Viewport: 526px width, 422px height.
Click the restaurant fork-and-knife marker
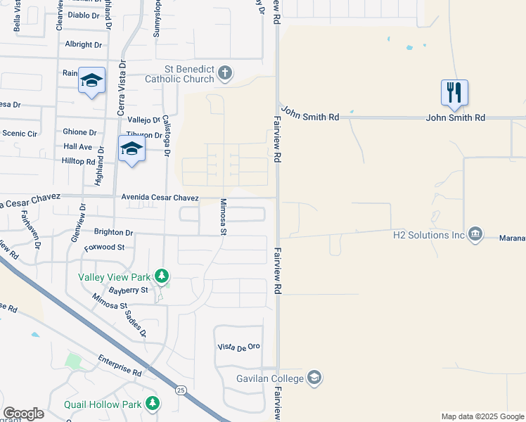(454, 92)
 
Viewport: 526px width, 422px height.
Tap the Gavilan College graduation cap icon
(314, 378)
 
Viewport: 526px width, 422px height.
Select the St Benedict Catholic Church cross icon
(225, 72)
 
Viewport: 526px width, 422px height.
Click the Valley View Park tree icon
(162, 275)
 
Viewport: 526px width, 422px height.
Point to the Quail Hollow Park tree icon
(153, 404)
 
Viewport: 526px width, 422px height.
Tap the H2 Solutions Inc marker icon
(475, 234)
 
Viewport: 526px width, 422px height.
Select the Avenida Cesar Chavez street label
(160, 198)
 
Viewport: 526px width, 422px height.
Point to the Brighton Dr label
(113, 232)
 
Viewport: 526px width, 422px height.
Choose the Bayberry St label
(129, 290)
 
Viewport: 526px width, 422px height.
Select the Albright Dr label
(83, 44)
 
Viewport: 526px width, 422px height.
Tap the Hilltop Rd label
(79, 161)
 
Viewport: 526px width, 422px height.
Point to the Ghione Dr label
(79, 132)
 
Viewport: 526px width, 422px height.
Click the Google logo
(23, 414)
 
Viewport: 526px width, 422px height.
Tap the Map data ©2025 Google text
(482, 416)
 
